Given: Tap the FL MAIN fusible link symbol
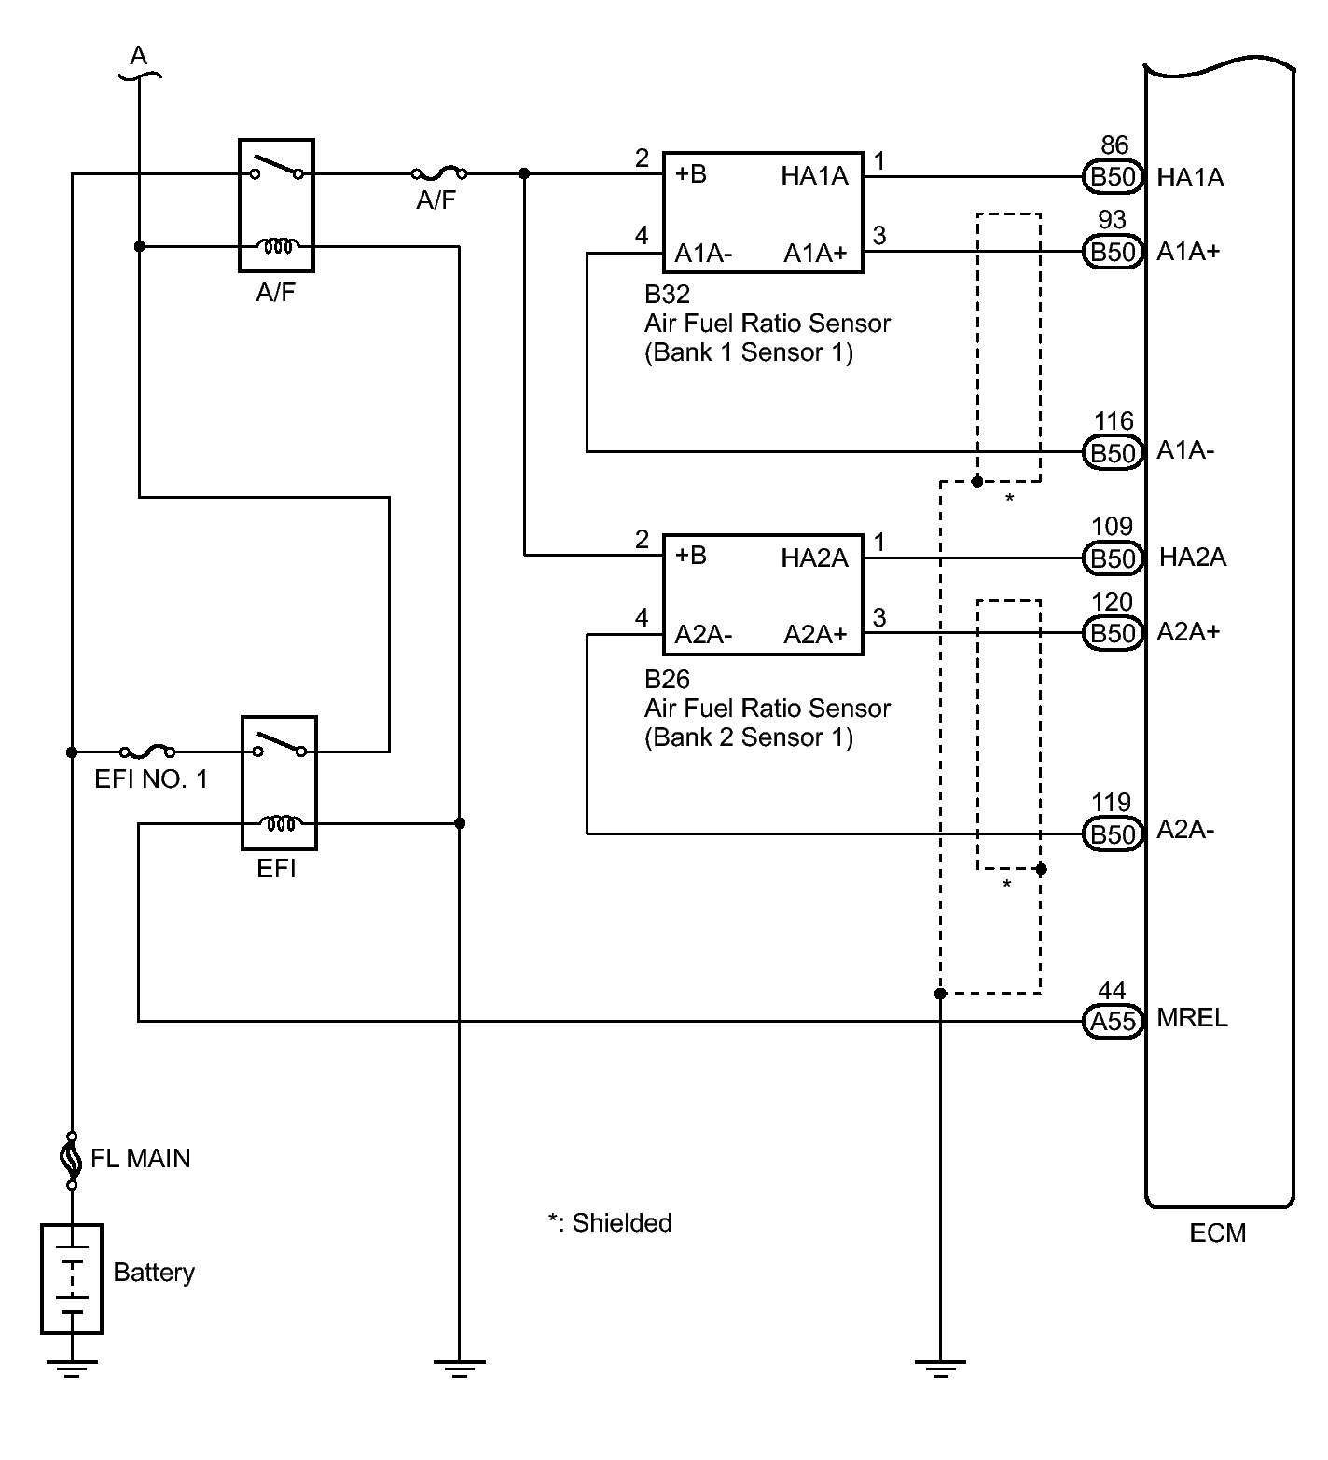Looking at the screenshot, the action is pyautogui.click(x=71, y=1160).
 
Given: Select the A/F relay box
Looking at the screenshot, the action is pyautogui.click(x=276, y=205).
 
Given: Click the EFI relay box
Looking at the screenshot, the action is pyautogui.click(x=279, y=782).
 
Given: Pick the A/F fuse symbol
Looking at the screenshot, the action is pyautogui.click(x=438, y=173).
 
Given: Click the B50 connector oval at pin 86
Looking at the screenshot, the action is pyautogui.click(x=1113, y=177).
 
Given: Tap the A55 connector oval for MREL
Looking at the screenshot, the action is pyautogui.click(x=1113, y=1022).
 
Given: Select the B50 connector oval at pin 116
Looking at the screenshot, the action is pyautogui.click(x=1113, y=453).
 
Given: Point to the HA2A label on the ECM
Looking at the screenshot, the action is pyautogui.click(x=1193, y=558).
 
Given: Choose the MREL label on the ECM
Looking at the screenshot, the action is pyautogui.click(x=1193, y=1018).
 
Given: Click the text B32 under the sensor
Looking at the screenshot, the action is pyautogui.click(x=667, y=295).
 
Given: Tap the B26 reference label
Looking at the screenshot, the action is pyautogui.click(x=667, y=679).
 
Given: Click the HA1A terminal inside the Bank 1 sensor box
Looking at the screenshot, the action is pyautogui.click(x=814, y=176).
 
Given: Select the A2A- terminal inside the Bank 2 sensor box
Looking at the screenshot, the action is pyautogui.click(x=704, y=635).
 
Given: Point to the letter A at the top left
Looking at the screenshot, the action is pyautogui.click(x=138, y=57).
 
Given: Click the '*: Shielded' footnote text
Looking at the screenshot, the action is pyautogui.click(x=610, y=1223).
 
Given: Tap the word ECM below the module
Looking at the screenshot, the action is pyautogui.click(x=1218, y=1233).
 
